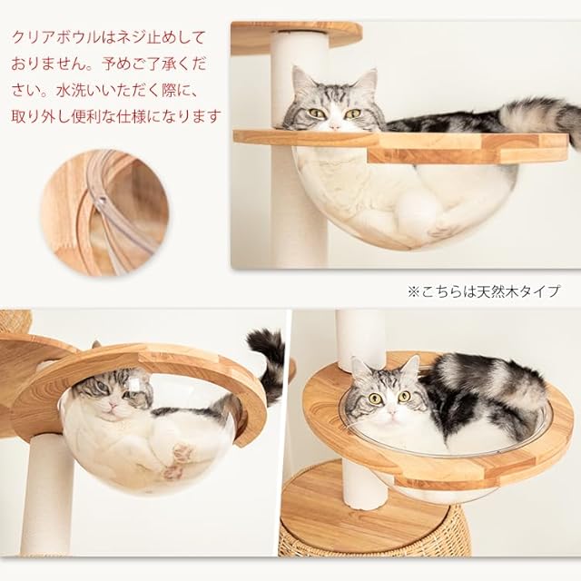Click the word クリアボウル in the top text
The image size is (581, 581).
[55, 38]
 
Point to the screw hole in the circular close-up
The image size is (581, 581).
[102, 202]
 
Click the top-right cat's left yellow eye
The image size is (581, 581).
[316, 113]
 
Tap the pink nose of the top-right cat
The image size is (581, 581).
[335, 126]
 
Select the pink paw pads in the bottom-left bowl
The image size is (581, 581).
[178, 461]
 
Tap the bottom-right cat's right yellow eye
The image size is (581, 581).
[404, 397]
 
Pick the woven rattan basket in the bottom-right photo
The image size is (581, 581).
[374, 534]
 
